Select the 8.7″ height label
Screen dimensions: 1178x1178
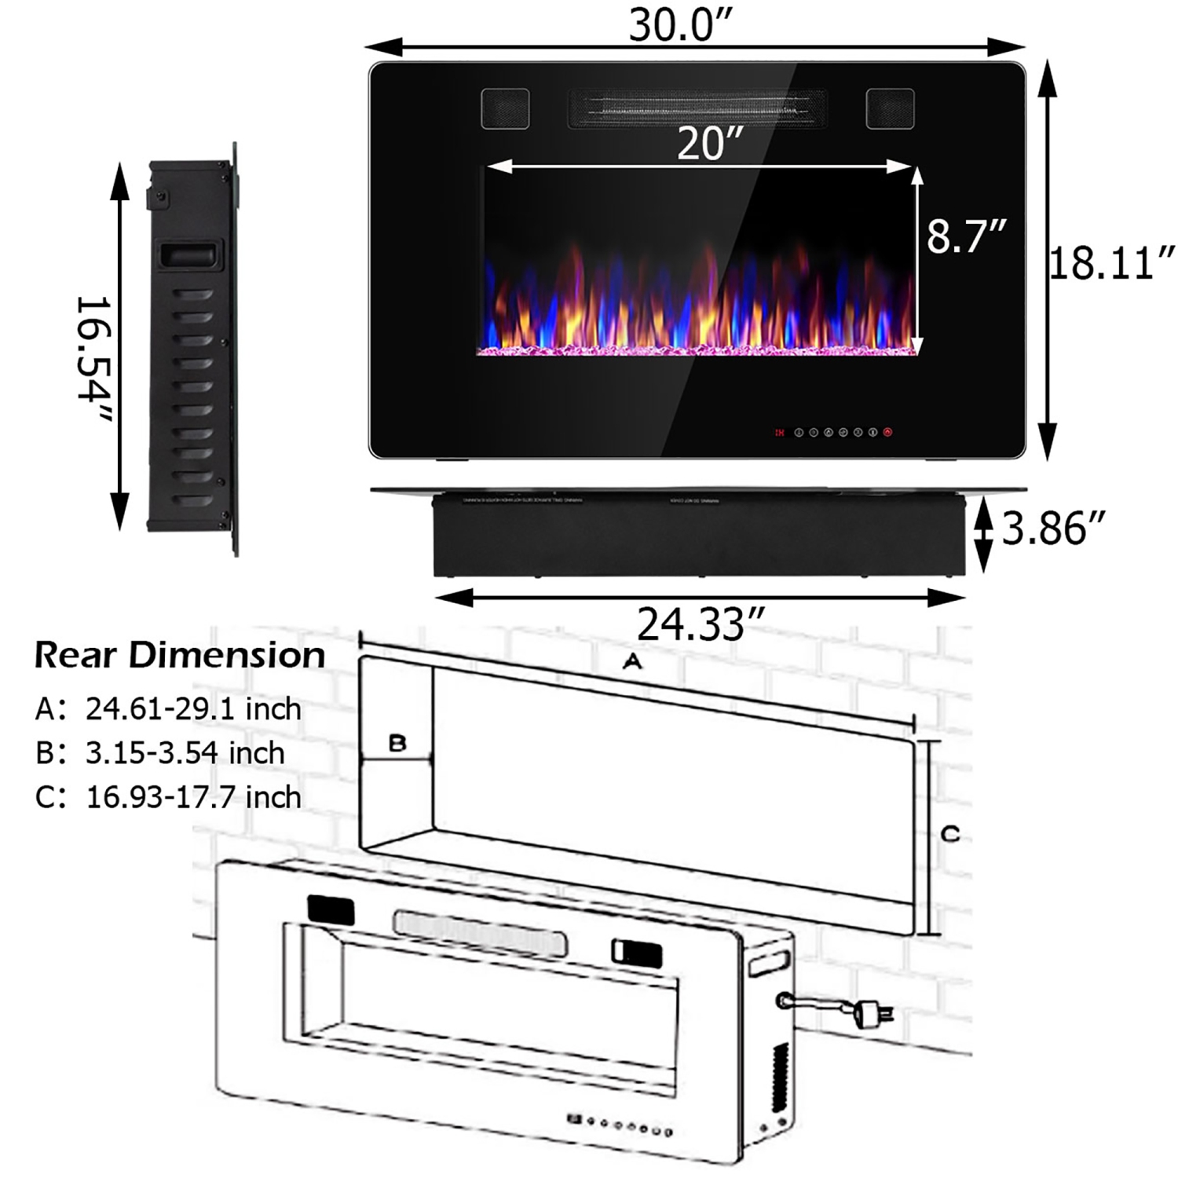click(966, 235)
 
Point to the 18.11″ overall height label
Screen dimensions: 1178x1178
click(1112, 262)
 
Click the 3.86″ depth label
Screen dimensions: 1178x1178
click(1054, 528)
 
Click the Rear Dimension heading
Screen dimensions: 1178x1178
click(180, 655)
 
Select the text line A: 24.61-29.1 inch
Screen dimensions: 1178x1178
click(168, 709)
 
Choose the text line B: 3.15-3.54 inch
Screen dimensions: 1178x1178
click(160, 753)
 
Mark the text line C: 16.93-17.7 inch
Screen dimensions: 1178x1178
click(168, 797)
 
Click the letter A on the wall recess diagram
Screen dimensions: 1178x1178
click(632, 662)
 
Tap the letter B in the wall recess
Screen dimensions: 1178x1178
click(397, 742)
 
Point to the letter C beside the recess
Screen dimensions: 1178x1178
click(950, 833)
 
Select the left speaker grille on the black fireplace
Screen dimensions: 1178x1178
click(505, 108)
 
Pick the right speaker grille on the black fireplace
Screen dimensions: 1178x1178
click(890, 108)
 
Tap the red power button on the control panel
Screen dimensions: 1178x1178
click(888, 432)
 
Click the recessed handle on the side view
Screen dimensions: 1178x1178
click(188, 255)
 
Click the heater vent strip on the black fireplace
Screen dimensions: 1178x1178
click(697, 109)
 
